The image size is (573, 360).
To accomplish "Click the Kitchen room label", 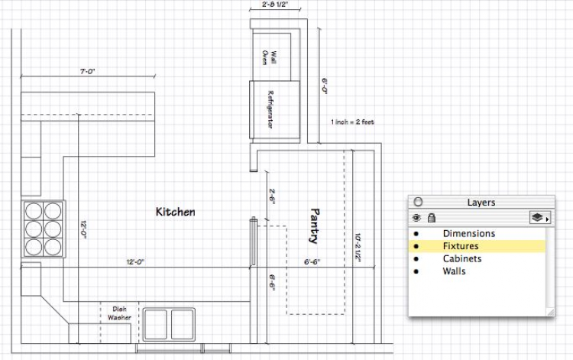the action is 176,212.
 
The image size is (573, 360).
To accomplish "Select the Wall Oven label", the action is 270,58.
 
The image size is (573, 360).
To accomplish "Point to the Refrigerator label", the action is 270,109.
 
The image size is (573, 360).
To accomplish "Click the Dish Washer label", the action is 119,313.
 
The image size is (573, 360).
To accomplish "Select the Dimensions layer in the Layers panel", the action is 469,234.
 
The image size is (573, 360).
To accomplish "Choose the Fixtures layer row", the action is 477,246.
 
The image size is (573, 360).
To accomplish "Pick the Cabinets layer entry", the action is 462,259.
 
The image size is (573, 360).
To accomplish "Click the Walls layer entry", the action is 455,271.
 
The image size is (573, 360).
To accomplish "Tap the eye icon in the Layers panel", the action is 416,218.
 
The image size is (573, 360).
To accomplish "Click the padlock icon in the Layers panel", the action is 432,218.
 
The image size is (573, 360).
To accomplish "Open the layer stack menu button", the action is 539,218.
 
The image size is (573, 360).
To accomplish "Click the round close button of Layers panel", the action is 418,202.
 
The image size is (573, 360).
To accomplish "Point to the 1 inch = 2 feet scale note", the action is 353,122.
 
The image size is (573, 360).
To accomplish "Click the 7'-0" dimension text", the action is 88,72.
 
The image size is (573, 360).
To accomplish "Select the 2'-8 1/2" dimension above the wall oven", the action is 274,5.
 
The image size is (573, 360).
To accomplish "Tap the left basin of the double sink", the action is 156,324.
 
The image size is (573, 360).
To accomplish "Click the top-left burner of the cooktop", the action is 34,211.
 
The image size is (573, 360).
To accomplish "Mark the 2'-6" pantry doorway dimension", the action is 272,196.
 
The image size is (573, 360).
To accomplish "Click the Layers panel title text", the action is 481,203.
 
